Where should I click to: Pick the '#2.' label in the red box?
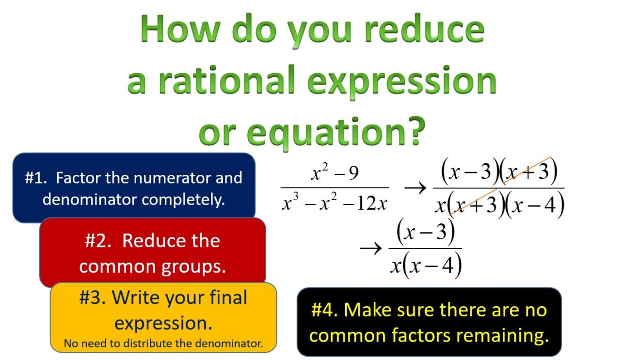99,241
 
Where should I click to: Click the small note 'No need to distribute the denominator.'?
163,344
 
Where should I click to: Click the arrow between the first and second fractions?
415,188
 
